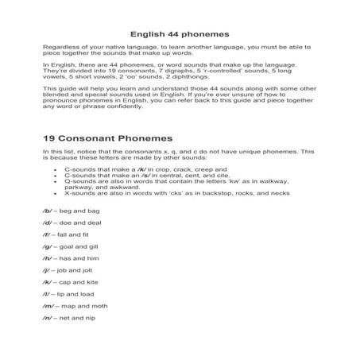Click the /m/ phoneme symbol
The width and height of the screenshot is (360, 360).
tap(48, 319)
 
